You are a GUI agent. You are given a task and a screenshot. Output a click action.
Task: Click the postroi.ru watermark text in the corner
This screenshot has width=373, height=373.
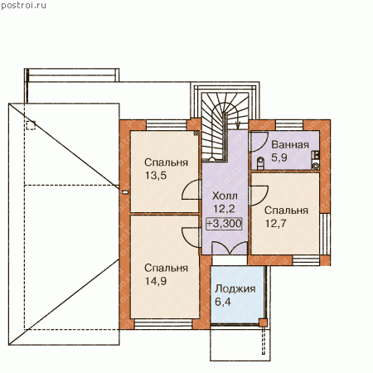click(23, 6)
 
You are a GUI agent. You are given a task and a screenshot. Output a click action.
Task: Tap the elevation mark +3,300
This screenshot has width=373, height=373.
click(224, 223)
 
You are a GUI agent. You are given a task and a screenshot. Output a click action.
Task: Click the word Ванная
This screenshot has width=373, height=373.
click(290, 144)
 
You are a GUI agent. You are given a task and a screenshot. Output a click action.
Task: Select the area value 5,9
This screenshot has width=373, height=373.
click(279, 157)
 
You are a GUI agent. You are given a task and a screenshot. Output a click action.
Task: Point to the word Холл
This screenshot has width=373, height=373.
click(225, 196)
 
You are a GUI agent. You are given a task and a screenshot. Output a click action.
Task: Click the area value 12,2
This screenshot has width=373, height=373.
click(224, 209)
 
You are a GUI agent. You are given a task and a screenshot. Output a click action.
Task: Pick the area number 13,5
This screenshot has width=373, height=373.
click(156, 176)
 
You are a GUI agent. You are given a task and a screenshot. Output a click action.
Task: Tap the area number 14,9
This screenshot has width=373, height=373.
click(156, 281)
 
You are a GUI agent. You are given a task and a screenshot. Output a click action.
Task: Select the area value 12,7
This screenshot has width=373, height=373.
click(276, 224)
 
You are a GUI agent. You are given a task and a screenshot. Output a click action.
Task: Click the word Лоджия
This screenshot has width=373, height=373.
click(235, 288)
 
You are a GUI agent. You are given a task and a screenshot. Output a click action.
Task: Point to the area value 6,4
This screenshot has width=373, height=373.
click(223, 302)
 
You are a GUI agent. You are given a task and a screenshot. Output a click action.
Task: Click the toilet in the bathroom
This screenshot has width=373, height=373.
click(260, 163)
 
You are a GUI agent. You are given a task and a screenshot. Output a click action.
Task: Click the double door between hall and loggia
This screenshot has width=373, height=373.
click(230, 248)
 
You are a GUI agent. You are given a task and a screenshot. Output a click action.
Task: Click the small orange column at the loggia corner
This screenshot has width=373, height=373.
click(263, 322)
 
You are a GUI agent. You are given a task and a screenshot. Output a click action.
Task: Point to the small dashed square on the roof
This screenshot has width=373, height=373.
click(31, 125)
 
